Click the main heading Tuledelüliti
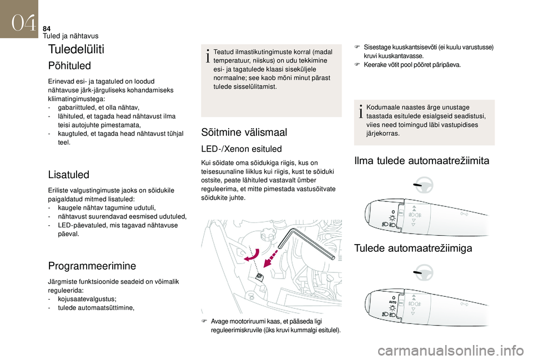point(77,49)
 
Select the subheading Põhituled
point(69,65)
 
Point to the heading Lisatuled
point(69,175)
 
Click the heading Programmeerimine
point(92,266)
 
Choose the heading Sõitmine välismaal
point(244,132)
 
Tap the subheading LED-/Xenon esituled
point(242,149)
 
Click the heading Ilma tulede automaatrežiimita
point(421,161)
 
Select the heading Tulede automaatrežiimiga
point(413,248)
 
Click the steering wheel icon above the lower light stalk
point(424,272)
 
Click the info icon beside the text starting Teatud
point(208,56)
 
